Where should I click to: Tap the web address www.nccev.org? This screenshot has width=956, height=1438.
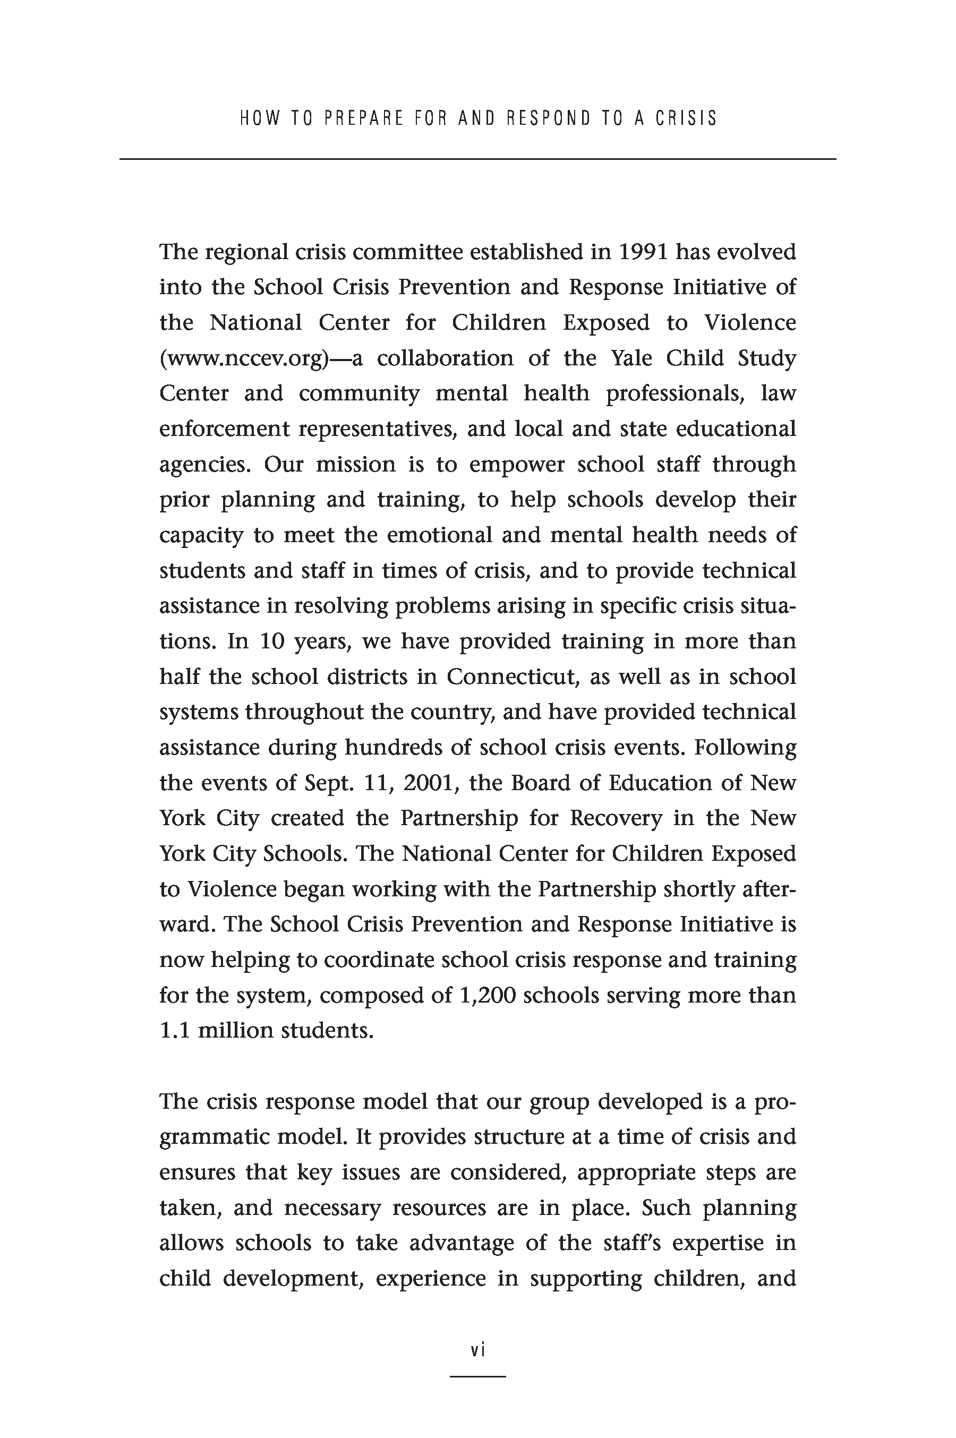click(244, 358)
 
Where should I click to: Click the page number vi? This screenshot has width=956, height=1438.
click(478, 1351)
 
